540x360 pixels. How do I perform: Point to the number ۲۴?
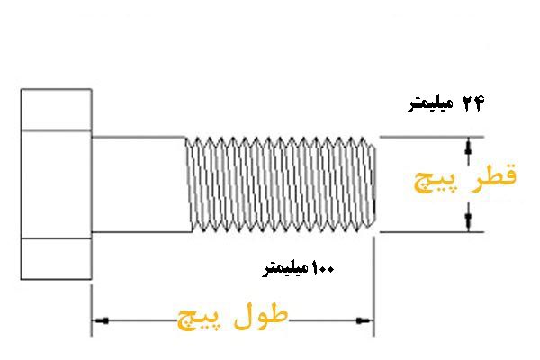474,104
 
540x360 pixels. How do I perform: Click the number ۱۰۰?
323,268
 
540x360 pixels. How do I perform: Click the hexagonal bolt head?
57,184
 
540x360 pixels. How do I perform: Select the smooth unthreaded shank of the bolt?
139,184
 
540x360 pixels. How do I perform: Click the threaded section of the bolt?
279,184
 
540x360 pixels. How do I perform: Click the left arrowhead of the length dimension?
99,319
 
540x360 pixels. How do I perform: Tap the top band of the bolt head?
57,110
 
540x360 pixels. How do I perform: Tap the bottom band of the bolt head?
57,259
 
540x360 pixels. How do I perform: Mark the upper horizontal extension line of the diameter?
432,137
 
